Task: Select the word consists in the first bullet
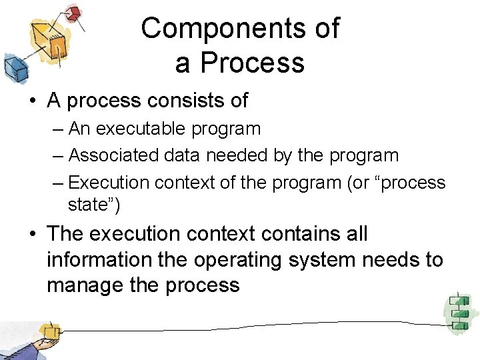point(180,101)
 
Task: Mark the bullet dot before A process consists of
point(32,101)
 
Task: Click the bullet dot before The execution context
point(32,235)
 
